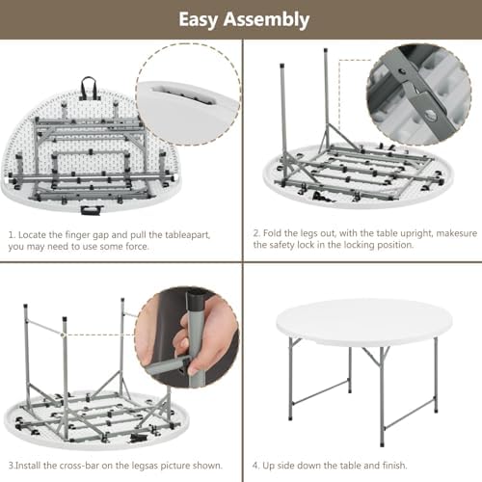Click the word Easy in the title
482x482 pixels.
point(199,20)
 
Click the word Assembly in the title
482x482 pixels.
point(266,20)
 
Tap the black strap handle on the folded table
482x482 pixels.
point(88,86)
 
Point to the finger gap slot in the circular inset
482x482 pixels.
point(182,94)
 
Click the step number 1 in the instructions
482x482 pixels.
point(12,235)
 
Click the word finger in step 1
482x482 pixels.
point(77,235)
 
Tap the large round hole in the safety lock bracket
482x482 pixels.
point(430,114)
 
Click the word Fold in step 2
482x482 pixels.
point(273,233)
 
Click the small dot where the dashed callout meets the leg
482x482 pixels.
point(64,335)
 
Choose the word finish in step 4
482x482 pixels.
point(394,465)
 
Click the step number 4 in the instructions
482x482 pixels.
point(255,466)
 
